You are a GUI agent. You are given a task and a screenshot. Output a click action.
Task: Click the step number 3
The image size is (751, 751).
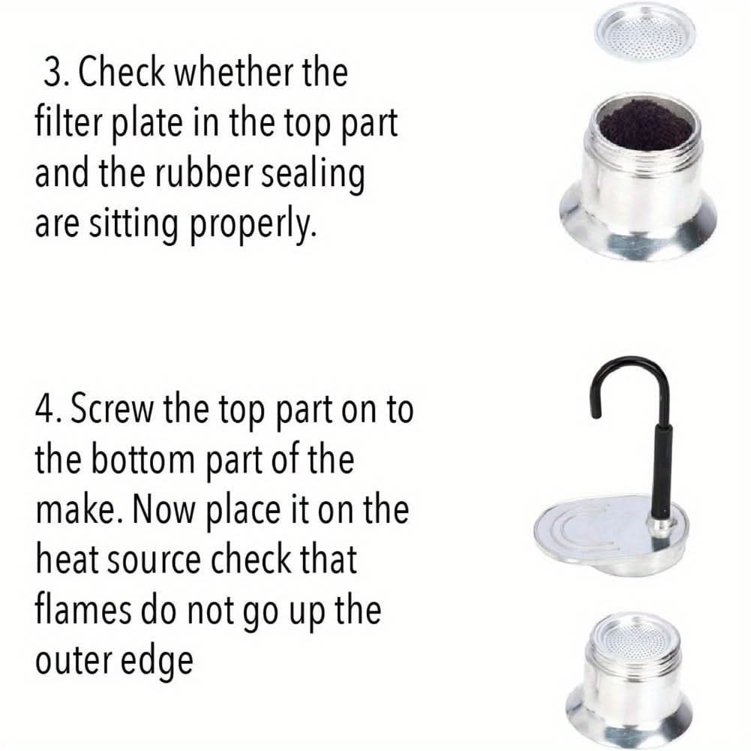(55, 73)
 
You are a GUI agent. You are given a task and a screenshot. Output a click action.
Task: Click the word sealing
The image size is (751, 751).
(313, 176)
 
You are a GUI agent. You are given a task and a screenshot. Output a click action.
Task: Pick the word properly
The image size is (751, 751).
(254, 226)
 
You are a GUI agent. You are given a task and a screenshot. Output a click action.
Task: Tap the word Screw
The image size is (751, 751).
(113, 410)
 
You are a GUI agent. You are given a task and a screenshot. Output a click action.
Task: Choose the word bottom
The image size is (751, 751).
(143, 460)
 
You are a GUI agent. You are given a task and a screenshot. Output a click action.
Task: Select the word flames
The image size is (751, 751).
(83, 610)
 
